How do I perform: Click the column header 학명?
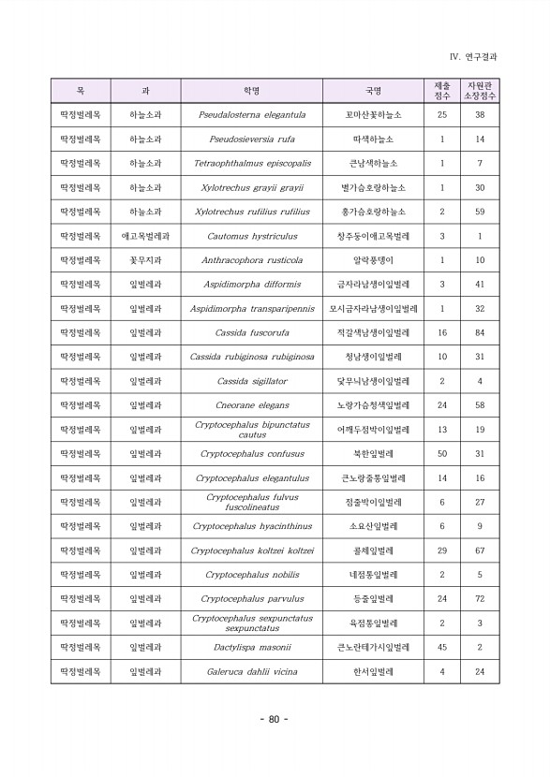[251, 91]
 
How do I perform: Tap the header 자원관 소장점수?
[480, 91]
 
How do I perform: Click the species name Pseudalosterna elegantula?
[251, 115]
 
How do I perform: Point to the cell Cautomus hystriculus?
[251, 236]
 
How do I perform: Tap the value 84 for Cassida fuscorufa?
[480, 333]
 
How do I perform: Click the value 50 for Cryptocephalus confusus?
[442, 454]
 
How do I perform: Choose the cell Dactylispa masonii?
[251, 647]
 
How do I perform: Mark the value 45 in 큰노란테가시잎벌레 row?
[442, 647]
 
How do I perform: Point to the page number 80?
[274, 719]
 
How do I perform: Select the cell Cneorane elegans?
[251, 405]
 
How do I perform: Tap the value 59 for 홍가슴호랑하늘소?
[480, 212]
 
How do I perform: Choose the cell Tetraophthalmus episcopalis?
[251, 164]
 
